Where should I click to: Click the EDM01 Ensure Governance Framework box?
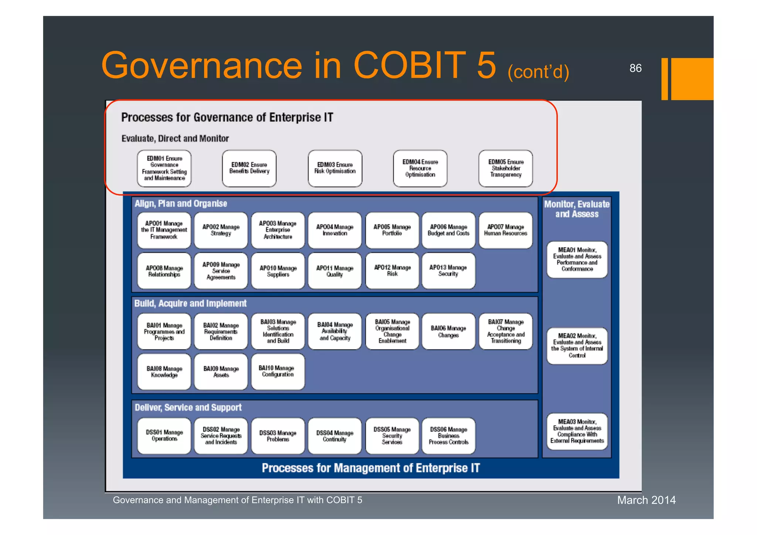(x=164, y=168)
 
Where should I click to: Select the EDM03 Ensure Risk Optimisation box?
(x=335, y=168)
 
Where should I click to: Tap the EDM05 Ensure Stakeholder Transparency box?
(x=506, y=168)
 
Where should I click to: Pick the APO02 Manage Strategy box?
(x=221, y=230)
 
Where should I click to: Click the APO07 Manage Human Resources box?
(x=506, y=230)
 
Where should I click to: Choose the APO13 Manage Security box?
(x=448, y=271)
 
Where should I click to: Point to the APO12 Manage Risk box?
(x=392, y=271)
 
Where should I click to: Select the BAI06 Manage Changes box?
(x=448, y=331)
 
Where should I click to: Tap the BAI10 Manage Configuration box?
(x=278, y=372)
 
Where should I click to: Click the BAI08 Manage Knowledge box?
(x=164, y=372)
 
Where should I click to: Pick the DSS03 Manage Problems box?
(x=278, y=436)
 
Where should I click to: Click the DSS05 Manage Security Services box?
(x=392, y=436)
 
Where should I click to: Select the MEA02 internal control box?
(x=577, y=346)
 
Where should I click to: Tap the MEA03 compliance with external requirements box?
(x=577, y=431)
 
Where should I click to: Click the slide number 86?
(x=635, y=68)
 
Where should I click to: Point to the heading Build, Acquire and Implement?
(x=190, y=304)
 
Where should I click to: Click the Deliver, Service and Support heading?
(x=188, y=407)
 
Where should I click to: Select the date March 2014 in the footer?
(x=646, y=500)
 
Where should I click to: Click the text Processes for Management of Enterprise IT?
(x=371, y=468)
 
